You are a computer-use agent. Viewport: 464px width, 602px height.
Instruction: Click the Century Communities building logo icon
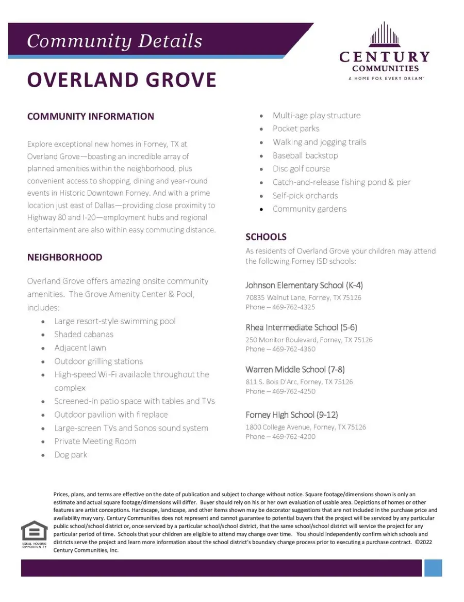tap(385, 35)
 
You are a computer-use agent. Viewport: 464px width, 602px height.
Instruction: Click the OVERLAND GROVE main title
tap(122, 80)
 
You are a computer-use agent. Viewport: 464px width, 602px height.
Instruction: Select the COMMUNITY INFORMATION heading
tap(91, 116)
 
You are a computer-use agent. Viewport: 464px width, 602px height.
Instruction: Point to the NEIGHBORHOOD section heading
tap(64, 257)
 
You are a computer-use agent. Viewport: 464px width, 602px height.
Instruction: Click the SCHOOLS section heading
tap(266, 237)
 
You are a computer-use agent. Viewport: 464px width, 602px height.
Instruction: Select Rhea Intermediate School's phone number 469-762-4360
tap(294, 349)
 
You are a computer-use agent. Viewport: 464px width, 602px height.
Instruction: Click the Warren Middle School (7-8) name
tap(295, 369)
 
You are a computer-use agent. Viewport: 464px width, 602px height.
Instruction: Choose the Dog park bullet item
tap(71, 455)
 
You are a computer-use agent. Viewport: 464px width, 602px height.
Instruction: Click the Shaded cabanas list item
tap(84, 334)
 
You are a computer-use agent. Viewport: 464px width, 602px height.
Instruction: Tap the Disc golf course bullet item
tap(301, 169)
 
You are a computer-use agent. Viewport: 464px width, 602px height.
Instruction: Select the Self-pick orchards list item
tap(305, 196)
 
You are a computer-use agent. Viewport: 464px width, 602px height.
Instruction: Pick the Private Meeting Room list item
tap(95, 441)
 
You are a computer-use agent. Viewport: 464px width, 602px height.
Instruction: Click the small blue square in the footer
tap(433, 568)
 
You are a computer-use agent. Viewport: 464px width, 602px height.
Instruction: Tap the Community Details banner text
tap(114, 41)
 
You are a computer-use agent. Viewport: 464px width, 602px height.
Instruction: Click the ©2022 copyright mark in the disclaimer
tap(424, 542)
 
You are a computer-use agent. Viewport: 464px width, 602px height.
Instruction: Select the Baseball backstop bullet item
tap(305, 155)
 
